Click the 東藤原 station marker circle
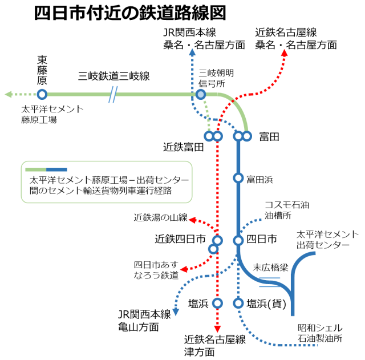(x=42, y=94)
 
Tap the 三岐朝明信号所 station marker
(x=201, y=94)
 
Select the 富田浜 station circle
(x=238, y=178)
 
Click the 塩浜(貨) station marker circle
(x=238, y=303)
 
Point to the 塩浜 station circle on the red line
(x=217, y=303)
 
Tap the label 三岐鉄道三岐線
(x=114, y=76)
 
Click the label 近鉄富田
(x=183, y=148)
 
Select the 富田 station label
(x=269, y=137)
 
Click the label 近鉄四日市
(x=180, y=239)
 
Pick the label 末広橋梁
(x=270, y=266)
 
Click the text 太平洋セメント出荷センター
(x=327, y=239)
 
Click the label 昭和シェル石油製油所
(x=320, y=333)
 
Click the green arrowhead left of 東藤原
(x=8, y=94)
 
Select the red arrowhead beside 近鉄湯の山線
(x=193, y=220)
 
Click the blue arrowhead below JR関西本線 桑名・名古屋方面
(x=192, y=53)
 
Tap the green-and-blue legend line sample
(x=46, y=169)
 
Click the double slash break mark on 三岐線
(x=113, y=94)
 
